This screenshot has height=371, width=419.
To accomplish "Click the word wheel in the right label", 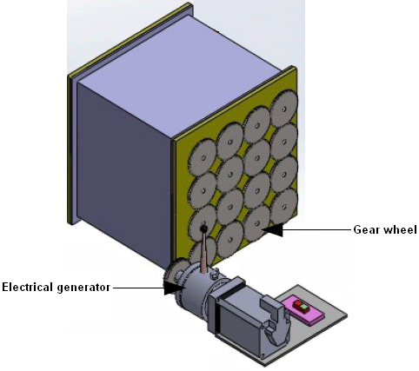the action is pyautogui.click(x=400, y=229).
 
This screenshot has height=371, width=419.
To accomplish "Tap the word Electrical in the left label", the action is pyautogui.click(x=28, y=288).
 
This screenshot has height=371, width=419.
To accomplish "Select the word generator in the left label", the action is pyautogui.click(x=83, y=288).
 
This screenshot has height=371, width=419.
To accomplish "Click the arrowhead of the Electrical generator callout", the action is pyautogui.click(x=174, y=288).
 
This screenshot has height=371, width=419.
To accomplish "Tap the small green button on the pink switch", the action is pyautogui.click(x=304, y=307).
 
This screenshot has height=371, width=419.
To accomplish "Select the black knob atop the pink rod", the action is pyautogui.click(x=203, y=229).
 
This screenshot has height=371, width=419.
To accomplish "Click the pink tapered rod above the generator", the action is pyautogui.click(x=203, y=252).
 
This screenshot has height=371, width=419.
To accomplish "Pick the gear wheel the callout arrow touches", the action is pyautogui.click(x=257, y=223).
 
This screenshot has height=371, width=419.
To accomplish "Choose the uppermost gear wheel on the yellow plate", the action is pyautogui.click(x=284, y=109).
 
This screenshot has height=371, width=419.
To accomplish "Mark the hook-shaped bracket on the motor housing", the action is pyautogui.click(x=276, y=320).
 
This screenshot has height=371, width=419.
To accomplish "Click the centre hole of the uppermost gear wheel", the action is pyautogui.click(x=284, y=109).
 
